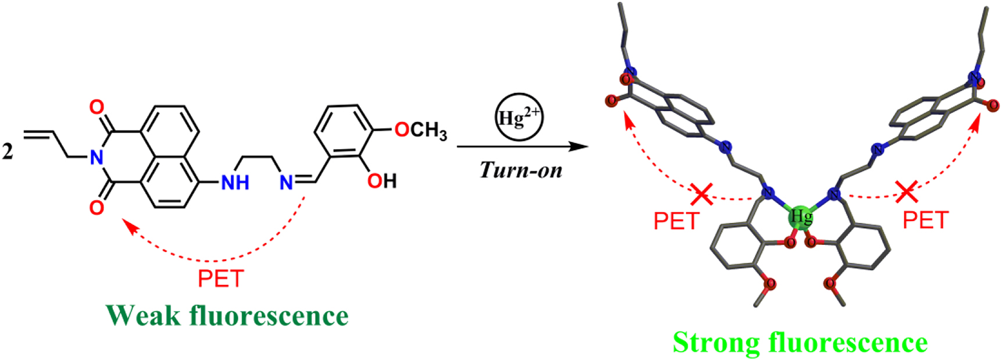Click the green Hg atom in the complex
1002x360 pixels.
click(801, 217)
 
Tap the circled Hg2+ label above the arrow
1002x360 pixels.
click(519, 117)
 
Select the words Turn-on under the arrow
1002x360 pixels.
click(521, 170)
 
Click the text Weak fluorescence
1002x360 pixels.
click(227, 315)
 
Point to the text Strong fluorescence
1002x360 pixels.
click(800, 342)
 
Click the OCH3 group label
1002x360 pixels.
click(420, 130)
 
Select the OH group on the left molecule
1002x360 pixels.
click(381, 181)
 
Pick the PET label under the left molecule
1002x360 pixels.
click(220, 279)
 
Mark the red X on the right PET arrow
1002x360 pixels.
click(907, 191)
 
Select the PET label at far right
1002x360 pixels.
click(925, 220)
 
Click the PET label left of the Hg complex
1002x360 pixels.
click(676, 222)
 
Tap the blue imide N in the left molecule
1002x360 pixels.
click(97, 157)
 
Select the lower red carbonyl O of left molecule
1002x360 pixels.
click(97, 207)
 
